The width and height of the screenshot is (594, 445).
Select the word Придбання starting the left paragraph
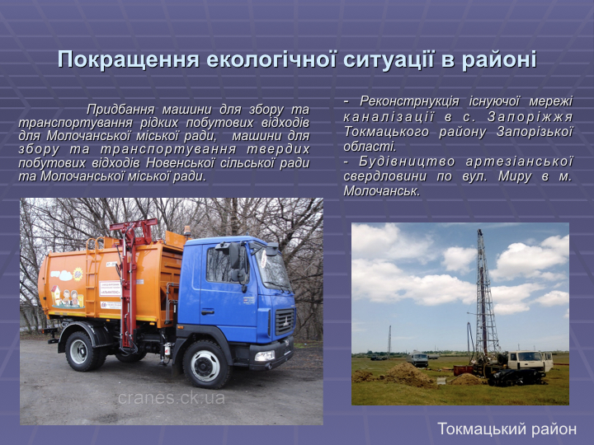coord(120,110)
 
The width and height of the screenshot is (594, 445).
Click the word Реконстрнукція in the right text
coord(409,101)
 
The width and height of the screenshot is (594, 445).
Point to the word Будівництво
coord(407,162)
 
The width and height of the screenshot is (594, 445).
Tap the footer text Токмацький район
coord(507,429)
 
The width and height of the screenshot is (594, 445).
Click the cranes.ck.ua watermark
coord(172,398)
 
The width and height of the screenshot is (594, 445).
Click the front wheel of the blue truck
coord(205,365)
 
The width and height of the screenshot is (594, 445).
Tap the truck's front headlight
coord(265,356)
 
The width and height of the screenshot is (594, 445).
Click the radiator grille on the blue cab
coord(285,321)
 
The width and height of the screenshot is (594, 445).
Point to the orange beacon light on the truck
coord(187,231)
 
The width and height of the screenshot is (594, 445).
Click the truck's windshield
coord(272,269)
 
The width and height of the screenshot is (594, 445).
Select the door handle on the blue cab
coord(207,311)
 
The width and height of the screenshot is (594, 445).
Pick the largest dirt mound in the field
coord(409,374)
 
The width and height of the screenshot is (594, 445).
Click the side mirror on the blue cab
coord(234,255)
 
